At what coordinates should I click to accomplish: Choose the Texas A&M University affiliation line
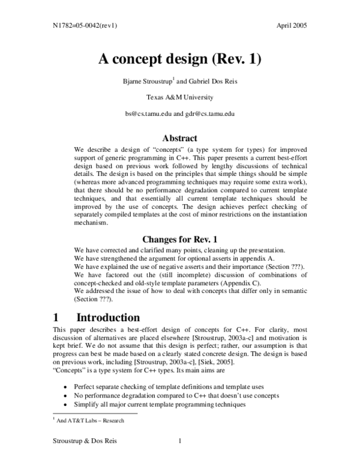tap(180, 97)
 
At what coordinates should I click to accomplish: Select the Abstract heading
tap(180, 138)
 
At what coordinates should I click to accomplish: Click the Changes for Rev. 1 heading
tap(179, 238)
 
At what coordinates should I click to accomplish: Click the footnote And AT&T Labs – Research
tap(90, 420)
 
